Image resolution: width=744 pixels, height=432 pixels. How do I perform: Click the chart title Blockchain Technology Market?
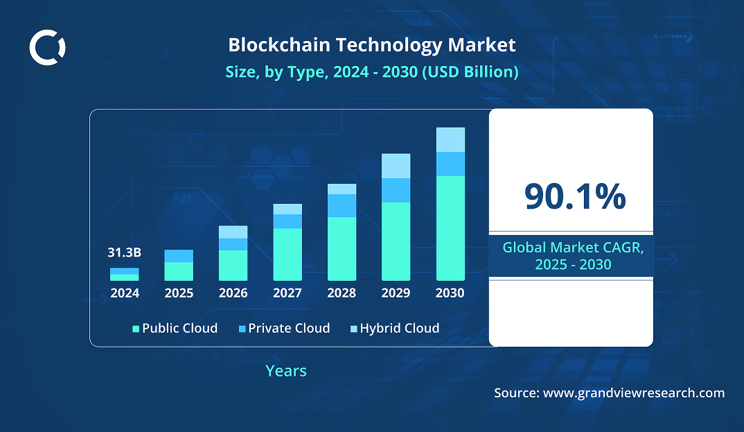coord(372,45)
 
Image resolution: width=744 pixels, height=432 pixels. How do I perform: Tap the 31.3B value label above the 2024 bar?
coord(125,252)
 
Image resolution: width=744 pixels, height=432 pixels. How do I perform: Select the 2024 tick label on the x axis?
coord(125,293)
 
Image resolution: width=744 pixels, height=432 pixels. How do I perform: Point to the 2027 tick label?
coord(287,293)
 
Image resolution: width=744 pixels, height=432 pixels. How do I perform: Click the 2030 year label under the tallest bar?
coord(450,293)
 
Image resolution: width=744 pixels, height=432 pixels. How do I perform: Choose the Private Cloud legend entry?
coord(283,328)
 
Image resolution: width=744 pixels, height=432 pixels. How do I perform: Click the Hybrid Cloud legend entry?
coord(394,328)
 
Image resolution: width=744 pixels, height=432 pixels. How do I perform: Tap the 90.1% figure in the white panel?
coord(575,197)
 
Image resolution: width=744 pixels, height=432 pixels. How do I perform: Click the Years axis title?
coord(286,371)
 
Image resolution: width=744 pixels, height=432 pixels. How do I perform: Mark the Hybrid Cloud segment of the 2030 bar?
coord(450,139)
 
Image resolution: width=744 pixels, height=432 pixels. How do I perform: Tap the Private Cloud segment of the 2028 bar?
coord(342,205)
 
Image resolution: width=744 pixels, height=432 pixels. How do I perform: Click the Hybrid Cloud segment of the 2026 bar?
coord(233,232)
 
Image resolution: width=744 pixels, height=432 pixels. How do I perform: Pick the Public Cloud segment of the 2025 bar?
coord(179,271)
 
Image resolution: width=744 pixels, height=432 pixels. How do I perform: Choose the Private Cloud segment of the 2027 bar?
coord(287,221)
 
